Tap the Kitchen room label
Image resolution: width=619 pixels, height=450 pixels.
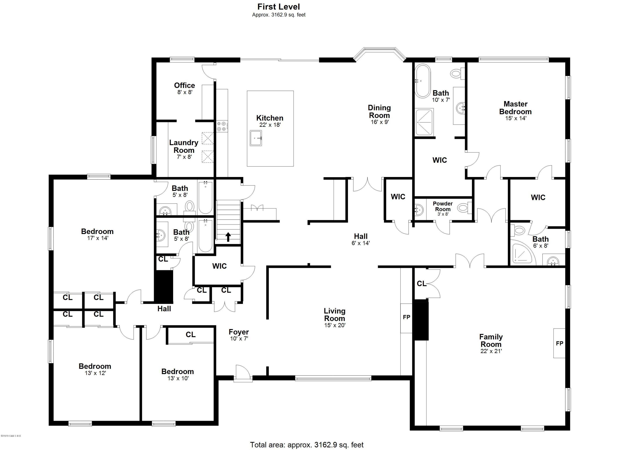(270, 118)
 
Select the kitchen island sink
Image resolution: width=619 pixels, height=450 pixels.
(256, 138)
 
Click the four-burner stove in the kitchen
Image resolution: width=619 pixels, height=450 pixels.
(221, 126)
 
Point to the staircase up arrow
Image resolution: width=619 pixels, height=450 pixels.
(228, 237)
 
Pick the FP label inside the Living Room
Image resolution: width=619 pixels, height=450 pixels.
(406, 317)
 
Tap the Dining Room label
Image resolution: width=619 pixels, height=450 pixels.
(379, 111)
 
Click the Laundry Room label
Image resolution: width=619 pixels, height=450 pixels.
(184, 146)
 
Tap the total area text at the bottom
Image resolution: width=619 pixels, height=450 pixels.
(307, 445)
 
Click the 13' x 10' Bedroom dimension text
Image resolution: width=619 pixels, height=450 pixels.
(178, 378)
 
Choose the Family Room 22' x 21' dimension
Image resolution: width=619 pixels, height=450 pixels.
(491, 351)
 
